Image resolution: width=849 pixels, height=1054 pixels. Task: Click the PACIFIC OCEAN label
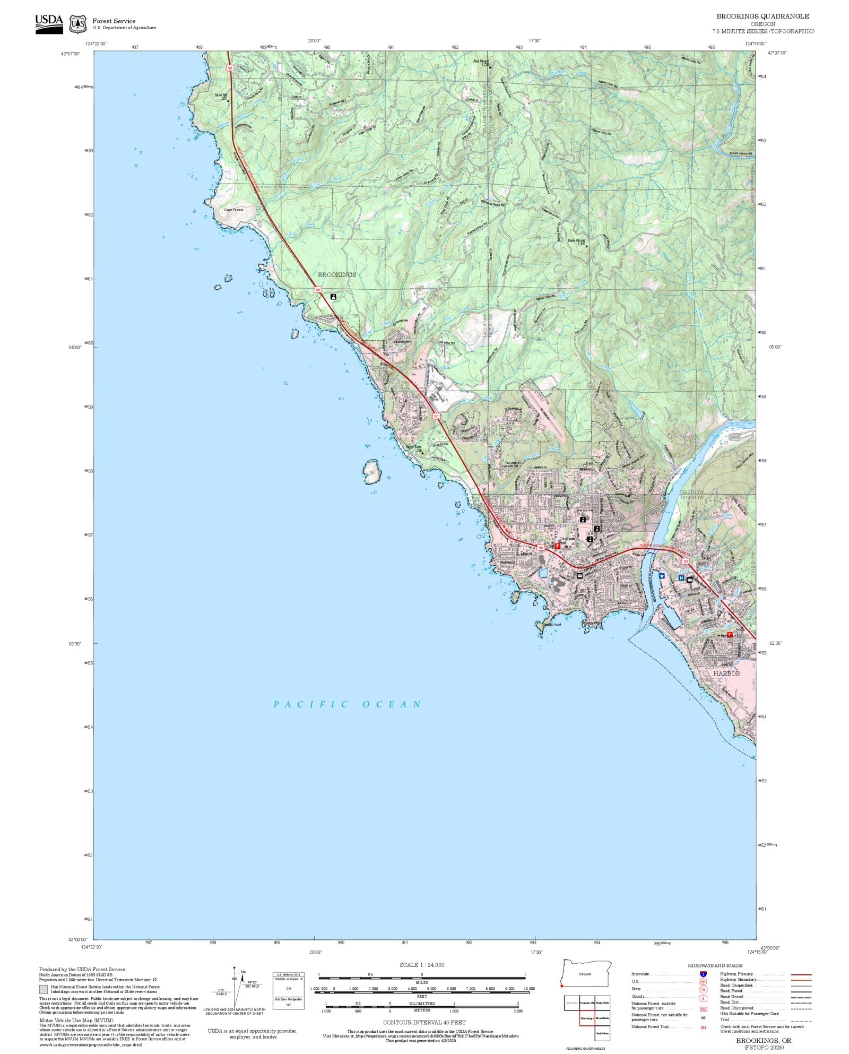[348, 705]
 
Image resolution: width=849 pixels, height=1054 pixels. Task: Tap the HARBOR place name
[726, 673]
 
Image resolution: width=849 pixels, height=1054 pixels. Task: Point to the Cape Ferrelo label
[233, 210]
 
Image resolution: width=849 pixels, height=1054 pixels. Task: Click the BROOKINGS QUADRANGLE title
[763, 16]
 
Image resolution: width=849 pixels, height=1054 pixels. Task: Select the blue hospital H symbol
[681, 578]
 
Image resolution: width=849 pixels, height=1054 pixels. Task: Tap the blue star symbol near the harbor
[662, 575]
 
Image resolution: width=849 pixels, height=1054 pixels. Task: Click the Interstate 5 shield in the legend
[703, 974]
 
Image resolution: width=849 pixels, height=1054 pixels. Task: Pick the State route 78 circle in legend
[703, 989]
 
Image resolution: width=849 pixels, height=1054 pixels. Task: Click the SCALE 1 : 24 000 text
[422, 965]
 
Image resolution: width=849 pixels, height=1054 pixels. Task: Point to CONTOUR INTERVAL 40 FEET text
[424, 1022]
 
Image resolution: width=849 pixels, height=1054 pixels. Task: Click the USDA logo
[49, 24]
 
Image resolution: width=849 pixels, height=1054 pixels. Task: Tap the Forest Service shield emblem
[79, 24]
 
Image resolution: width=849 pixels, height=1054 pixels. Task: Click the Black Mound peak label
[576, 240]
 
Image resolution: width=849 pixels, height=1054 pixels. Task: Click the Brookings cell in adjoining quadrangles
[587, 1018]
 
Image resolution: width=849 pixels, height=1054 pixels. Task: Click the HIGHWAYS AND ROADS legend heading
[715, 965]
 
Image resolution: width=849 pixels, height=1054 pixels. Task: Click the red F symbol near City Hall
[557, 546]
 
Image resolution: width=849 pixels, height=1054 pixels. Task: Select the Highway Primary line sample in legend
[801, 974]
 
